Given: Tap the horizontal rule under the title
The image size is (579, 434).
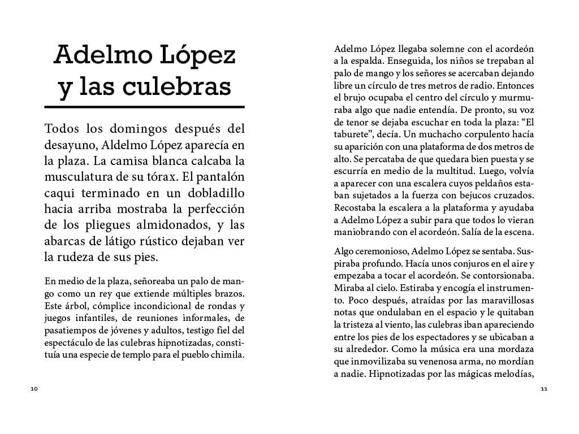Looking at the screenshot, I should point(144,106).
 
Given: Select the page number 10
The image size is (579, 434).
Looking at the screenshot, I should point(34,389).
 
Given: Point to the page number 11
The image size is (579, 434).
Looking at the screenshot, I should point(544,389).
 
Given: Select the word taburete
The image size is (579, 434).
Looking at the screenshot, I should point(355,135).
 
